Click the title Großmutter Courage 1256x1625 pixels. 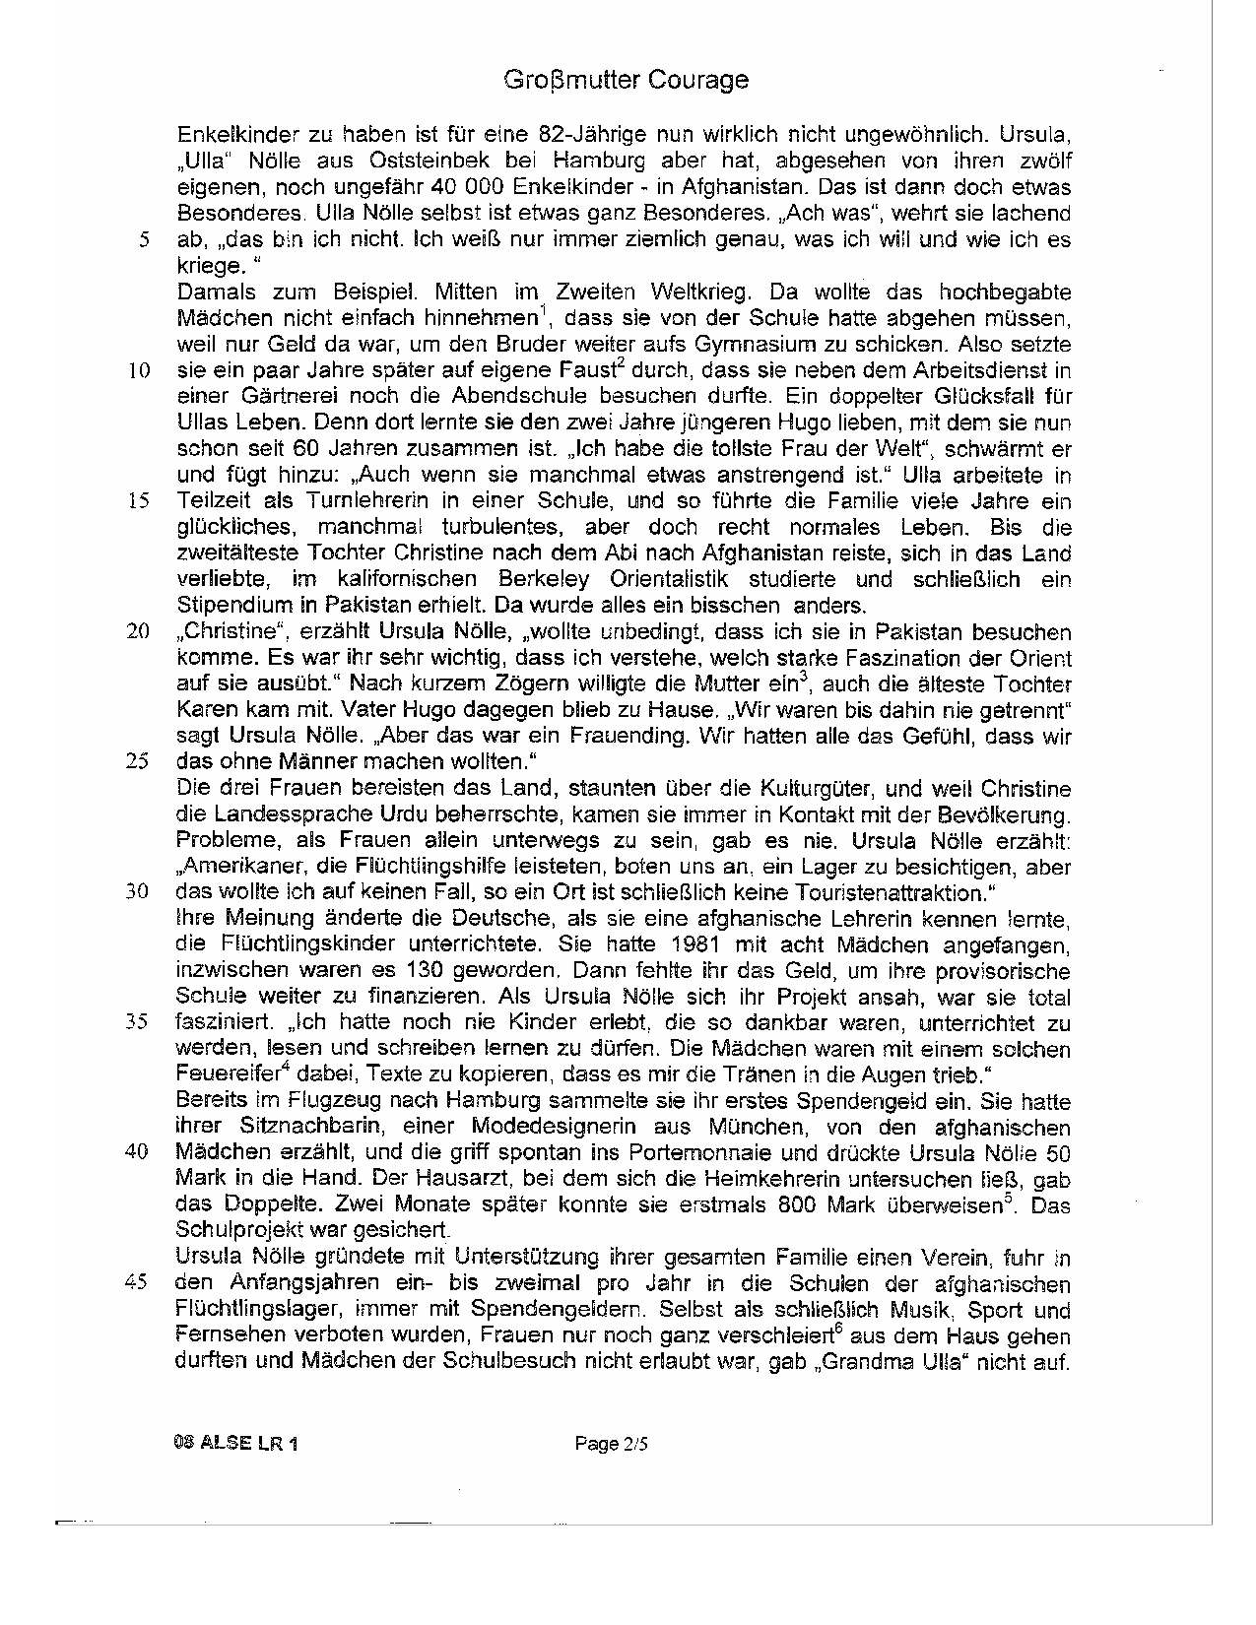click(x=627, y=80)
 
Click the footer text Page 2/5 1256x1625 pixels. click(x=612, y=1445)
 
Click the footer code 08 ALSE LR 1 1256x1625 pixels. click(x=235, y=1445)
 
